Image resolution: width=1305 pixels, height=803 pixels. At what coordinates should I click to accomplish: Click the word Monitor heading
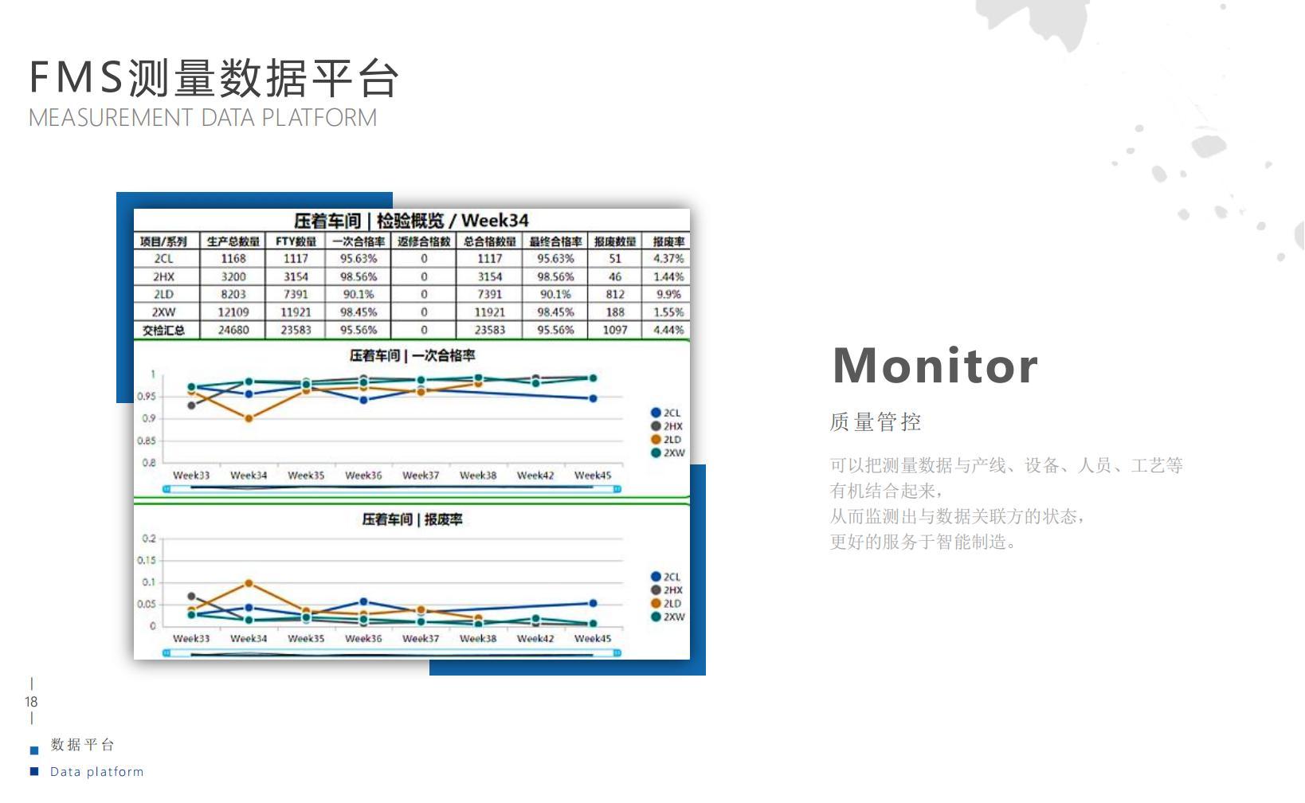tap(935, 366)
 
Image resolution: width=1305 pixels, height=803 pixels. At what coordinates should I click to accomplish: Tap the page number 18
tap(31, 702)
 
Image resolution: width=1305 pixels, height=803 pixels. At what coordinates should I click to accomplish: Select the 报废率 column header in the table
tap(668, 241)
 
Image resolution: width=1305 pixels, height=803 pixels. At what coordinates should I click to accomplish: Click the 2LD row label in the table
tap(163, 294)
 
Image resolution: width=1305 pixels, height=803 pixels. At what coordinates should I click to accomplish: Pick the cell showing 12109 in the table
tap(233, 312)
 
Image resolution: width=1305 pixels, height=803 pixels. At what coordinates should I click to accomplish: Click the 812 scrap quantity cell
tap(614, 294)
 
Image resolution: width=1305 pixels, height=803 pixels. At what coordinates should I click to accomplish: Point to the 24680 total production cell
tap(233, 331)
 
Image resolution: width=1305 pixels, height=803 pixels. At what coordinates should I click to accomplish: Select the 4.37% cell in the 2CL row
tap(668, 258)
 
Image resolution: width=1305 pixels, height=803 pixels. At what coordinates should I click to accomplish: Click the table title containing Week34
tap(411, 221)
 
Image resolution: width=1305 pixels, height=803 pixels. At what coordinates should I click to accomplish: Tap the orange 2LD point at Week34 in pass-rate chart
tap(249, 418)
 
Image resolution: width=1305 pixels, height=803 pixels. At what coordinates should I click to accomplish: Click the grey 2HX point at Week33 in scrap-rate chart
tap(192, 596)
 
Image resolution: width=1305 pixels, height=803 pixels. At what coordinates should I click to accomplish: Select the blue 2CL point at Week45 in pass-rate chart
tap(593, 398)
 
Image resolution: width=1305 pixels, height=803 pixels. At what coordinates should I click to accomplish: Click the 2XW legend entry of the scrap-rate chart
tap(668, 617)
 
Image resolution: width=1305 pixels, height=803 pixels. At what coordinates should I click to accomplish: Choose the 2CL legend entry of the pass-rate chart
tap(665, 413)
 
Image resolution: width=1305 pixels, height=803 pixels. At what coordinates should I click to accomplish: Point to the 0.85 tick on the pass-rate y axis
tap(147, 441)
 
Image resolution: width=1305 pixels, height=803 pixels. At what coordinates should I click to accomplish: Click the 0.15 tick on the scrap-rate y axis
tap(147, 560)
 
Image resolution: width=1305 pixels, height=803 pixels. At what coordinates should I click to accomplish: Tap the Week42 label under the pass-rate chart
tap(535, 475)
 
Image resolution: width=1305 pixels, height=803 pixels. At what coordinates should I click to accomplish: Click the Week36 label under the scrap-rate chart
tap(363, 638)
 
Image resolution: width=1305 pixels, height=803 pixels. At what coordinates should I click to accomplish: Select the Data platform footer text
tap(96, 771)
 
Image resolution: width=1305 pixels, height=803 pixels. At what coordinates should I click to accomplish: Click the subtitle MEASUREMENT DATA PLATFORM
tap(202, 118)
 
